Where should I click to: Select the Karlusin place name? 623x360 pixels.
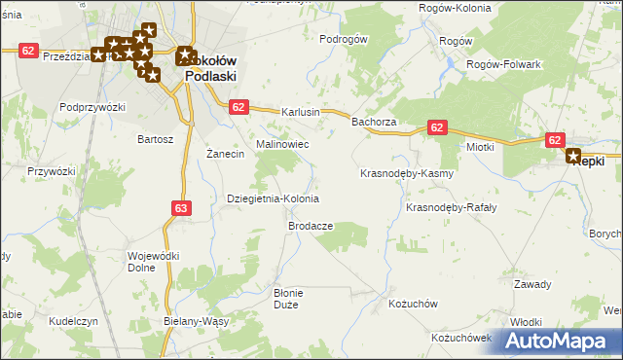click(301, 112)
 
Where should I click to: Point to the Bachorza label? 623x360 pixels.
click(374, 123)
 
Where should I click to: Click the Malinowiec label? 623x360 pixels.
click(282, 144)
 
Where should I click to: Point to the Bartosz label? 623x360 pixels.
click(156, 139)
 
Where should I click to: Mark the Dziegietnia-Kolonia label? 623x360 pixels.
click(273, 198)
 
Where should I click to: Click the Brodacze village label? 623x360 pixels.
click(311, 226)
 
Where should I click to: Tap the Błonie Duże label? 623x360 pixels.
click(290, 299)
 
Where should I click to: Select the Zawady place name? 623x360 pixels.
click(532, 284)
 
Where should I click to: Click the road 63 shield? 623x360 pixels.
click(181, 207)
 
